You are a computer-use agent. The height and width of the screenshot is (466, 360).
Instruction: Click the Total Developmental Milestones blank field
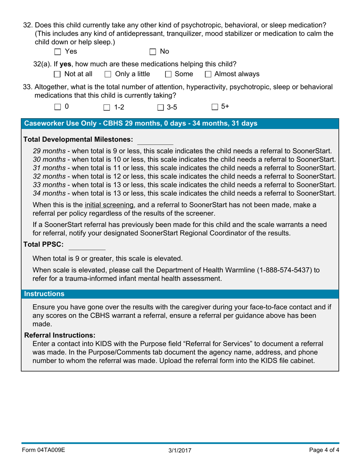pyautogui.click(x=155, y=140)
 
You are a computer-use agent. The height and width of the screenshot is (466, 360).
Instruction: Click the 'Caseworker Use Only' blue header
pyautogui.click(x=141, y=124)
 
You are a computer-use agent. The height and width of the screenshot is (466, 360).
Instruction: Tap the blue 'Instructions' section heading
pyautogui.click(x=44, y=294)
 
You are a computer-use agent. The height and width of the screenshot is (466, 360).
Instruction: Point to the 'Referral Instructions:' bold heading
pyautogui.click(x=59, y=335)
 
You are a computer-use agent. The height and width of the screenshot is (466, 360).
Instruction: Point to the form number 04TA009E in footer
pyautogui.click(x=44, y=450)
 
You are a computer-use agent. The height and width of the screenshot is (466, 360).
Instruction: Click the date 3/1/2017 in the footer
pyautogui.click(x=180, y=450)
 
